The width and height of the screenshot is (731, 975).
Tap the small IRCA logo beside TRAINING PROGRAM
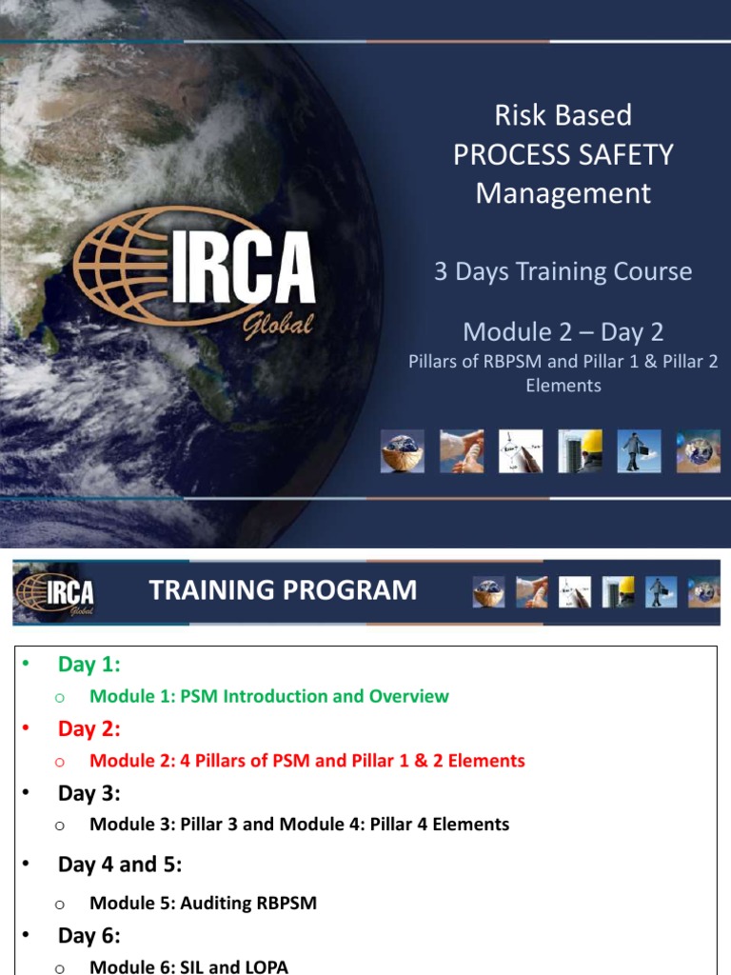coord(55,592)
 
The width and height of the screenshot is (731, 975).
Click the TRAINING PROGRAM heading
coord(283,590)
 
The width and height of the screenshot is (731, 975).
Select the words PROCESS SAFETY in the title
coord(563,154)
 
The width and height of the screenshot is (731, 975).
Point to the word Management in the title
coord(563,193)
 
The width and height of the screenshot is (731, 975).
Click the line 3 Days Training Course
coord(563,271)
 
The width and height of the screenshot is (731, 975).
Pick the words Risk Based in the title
coord(563,115)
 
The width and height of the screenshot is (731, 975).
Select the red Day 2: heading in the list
coord(89,728)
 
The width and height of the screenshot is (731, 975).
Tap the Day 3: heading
coord(89,793)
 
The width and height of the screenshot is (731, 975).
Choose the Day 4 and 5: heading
coord(120,865)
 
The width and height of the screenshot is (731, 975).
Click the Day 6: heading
coord(89,936)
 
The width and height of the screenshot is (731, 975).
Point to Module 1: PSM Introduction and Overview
coord(269,696)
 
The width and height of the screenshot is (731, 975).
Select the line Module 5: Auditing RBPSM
coord(203,904)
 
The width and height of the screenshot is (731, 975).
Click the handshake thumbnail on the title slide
coord(461,450)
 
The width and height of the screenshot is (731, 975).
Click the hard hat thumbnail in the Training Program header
coord(620,591)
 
